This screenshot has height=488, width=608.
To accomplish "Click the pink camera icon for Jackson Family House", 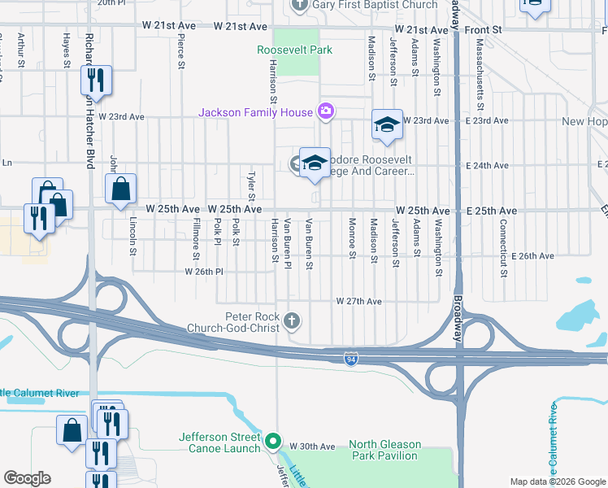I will tap(325, 112).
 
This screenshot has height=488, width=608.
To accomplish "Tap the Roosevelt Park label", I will tap(294, 50).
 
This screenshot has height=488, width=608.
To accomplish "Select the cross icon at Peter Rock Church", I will tap(292, 322).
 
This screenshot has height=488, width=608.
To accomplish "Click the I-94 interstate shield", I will tap(350, 359).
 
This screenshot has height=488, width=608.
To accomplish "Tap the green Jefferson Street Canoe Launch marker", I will tap(274, 444).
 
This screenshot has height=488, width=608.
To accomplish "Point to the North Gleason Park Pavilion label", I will tap(385, 450).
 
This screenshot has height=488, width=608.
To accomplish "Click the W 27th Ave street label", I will tap(359, 302).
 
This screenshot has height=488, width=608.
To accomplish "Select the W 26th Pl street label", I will tap(204, 272).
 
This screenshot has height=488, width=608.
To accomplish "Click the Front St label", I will tap(484, 28).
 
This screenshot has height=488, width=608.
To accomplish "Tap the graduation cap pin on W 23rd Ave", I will tap(387, 124).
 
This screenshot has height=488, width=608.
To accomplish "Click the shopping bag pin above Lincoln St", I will tap(120, 190).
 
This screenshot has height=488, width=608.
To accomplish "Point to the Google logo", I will tap(27, 478).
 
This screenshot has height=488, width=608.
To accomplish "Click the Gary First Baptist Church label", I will tap(363, 5).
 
